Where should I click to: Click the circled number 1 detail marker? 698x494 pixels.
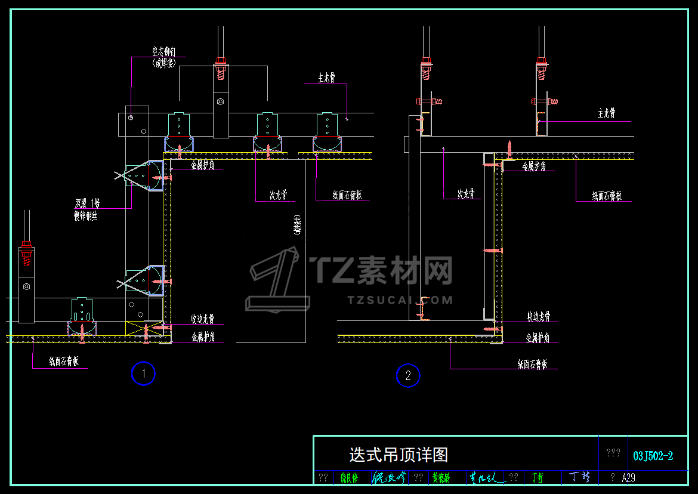pos(143,374)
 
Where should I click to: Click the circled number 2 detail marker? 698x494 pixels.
pos(408,376)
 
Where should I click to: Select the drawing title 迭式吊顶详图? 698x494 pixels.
pos(399,455)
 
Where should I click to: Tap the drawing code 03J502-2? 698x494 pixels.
pos(653,456)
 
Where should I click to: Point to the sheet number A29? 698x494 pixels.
pos(628,478)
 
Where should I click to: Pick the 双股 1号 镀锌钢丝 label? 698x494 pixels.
pos(87,209)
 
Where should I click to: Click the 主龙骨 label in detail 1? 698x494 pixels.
pos(326,78)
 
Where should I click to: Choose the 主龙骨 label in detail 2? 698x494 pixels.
pos(607,113)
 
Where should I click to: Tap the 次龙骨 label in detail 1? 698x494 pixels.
pos(279,194)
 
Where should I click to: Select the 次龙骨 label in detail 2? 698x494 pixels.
pos(466,193)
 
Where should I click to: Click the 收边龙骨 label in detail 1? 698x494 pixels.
pos(203,319)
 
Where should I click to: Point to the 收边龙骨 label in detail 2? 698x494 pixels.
pos(539,316)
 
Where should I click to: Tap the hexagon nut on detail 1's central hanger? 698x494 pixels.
pos(220,101)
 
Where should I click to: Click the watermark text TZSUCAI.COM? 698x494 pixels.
pos(400,300)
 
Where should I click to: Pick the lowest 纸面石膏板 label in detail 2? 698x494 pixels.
pos(532,364)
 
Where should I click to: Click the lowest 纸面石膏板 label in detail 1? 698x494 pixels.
pos(64,361)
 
